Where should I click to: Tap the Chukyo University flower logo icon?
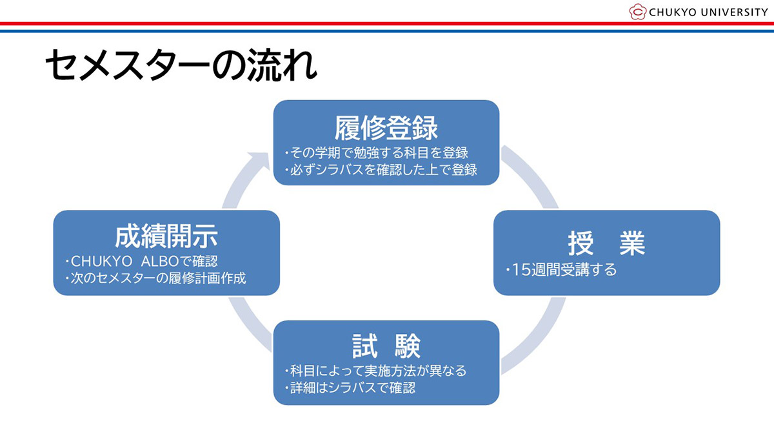tap(637, 12)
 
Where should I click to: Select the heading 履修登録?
tap(386, 128)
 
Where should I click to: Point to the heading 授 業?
tap(606, 243)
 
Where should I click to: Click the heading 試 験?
tap(386, 346)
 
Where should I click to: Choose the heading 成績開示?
tap(166, 237)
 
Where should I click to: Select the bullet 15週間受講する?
tap(561, 269)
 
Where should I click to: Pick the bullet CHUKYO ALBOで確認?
tap(141, 262)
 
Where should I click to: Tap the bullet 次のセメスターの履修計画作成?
tap(155, 278)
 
